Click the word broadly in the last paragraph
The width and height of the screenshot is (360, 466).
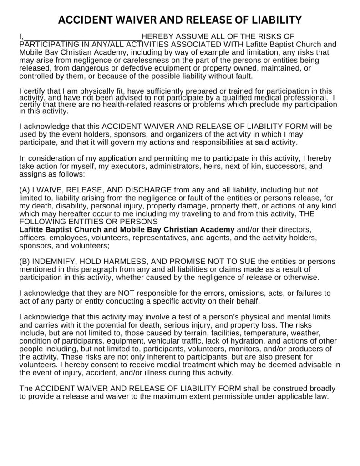[322, 388]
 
